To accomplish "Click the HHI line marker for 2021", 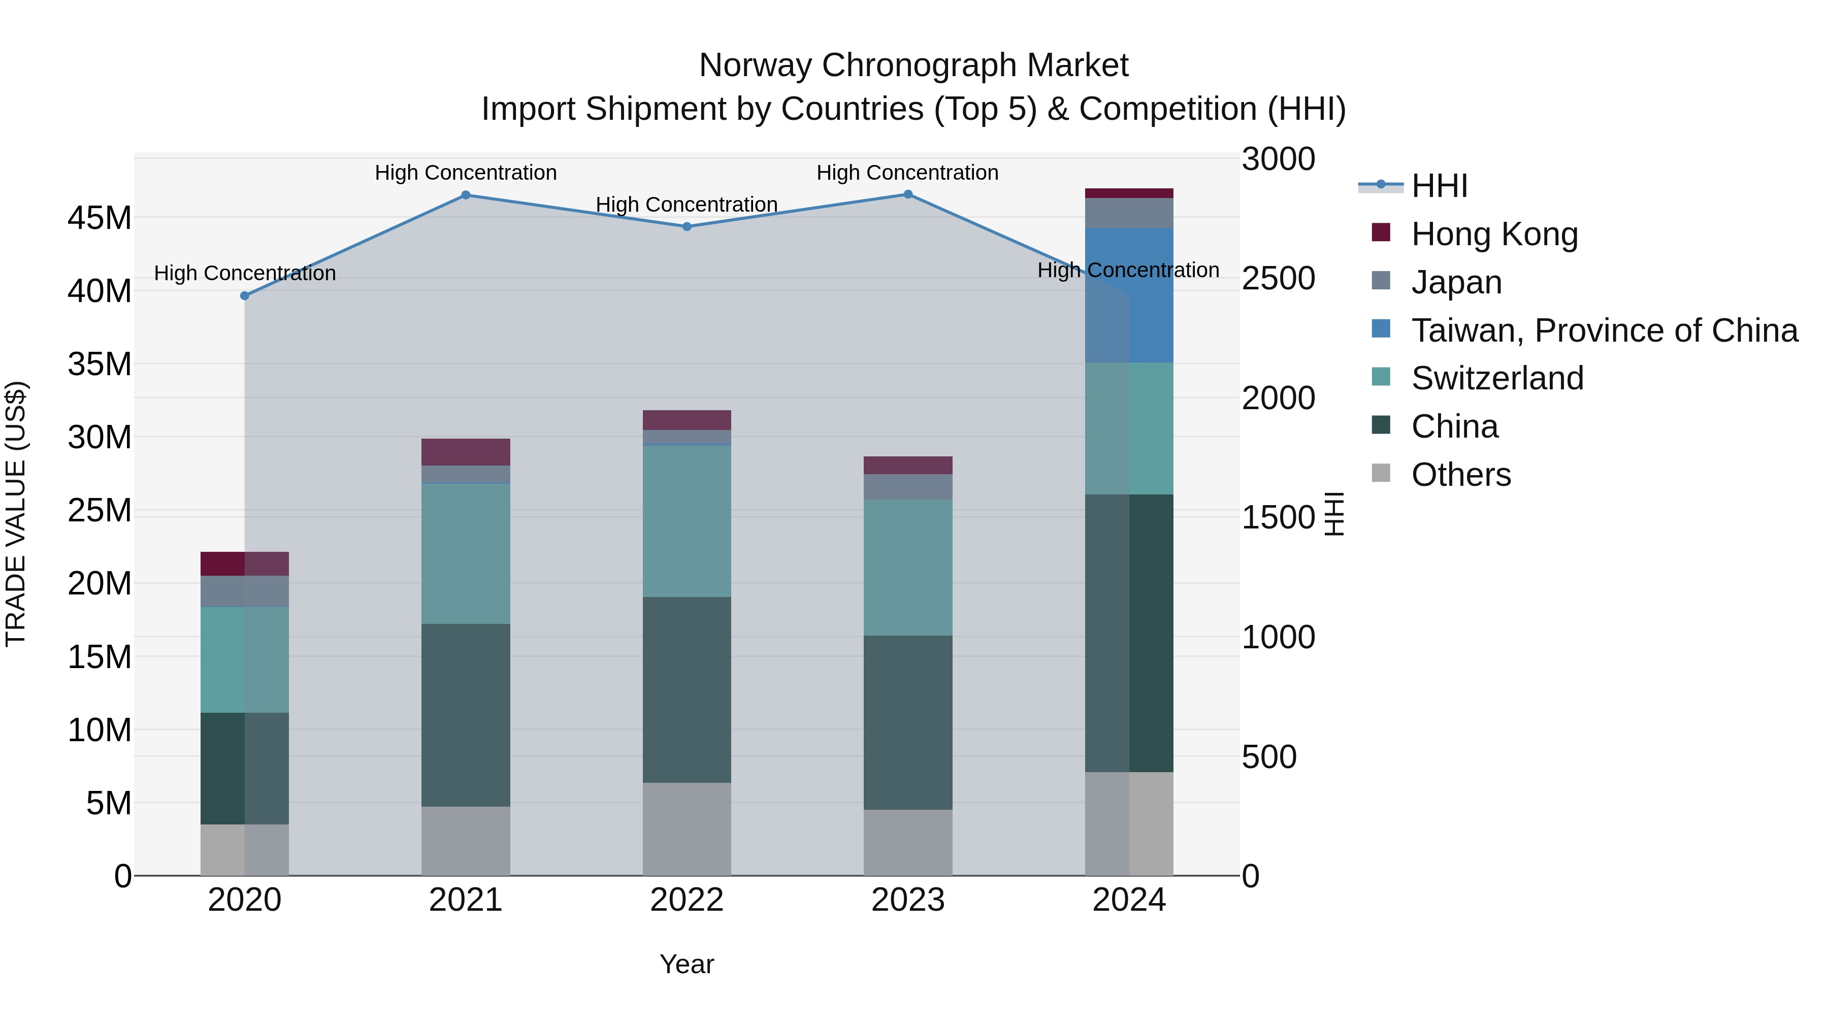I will [466, 195].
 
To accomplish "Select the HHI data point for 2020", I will [245, 296].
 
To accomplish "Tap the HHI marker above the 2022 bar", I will [687, 227].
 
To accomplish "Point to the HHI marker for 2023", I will [907, 194].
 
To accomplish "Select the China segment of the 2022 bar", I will [687, 689].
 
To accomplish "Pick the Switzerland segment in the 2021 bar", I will [466, 553].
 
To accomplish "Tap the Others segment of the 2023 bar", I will [907, 842].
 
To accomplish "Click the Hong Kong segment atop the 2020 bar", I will [245, 563].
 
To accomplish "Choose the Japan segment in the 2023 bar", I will [907, 487].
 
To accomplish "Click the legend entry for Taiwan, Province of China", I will [1604, 330].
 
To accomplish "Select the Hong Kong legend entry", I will [1494, 234].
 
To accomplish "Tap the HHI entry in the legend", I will [1439, 186].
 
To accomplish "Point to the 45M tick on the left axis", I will [100, 218].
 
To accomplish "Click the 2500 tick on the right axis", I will [1278, 278].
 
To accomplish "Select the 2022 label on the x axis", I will [687, 900].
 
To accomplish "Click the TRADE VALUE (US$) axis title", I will [16, 514].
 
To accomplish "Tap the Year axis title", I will [687, 964].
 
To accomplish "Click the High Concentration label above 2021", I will [466, 173].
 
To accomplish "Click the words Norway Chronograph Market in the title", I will [913, 65].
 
